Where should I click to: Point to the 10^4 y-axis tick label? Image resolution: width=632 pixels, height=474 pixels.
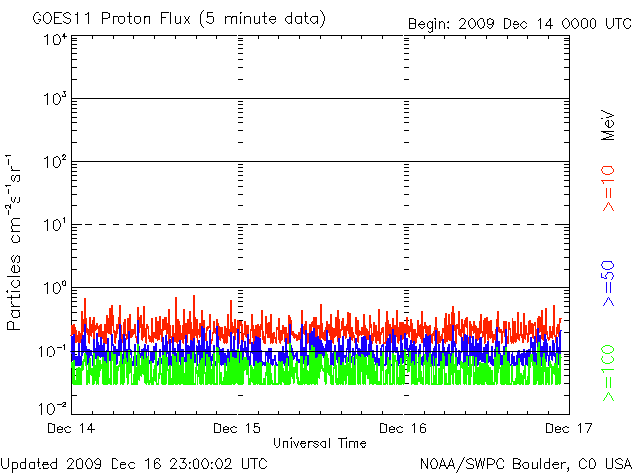point(55,39)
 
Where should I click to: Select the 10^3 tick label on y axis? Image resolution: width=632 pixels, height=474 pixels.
point(55,99)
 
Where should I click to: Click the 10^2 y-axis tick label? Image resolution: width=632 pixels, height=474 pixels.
point(55,161)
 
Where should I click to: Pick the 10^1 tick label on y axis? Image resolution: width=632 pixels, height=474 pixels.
point(55,224)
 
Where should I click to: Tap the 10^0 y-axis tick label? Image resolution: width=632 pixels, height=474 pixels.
point(55,287)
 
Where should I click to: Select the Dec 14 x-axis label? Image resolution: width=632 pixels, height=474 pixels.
point(72,429)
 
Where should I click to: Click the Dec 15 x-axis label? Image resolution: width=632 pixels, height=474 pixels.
point(238,429)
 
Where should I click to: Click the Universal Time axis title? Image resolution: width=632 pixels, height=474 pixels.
point(320,443)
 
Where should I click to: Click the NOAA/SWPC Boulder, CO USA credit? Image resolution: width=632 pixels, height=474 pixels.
point(524,462)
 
